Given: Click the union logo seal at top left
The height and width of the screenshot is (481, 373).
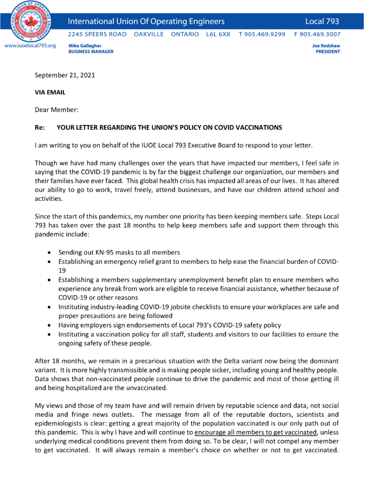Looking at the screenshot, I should (31, 21).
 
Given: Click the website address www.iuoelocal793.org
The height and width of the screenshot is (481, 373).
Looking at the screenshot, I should (30, 46).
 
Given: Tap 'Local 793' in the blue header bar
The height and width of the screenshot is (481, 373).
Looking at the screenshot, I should (322, 21).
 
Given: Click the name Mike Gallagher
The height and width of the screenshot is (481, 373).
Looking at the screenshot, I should (85, 46).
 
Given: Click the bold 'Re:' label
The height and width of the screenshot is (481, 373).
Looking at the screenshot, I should (40, 127).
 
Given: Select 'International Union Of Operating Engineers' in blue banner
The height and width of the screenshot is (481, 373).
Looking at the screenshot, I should (146, 21).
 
